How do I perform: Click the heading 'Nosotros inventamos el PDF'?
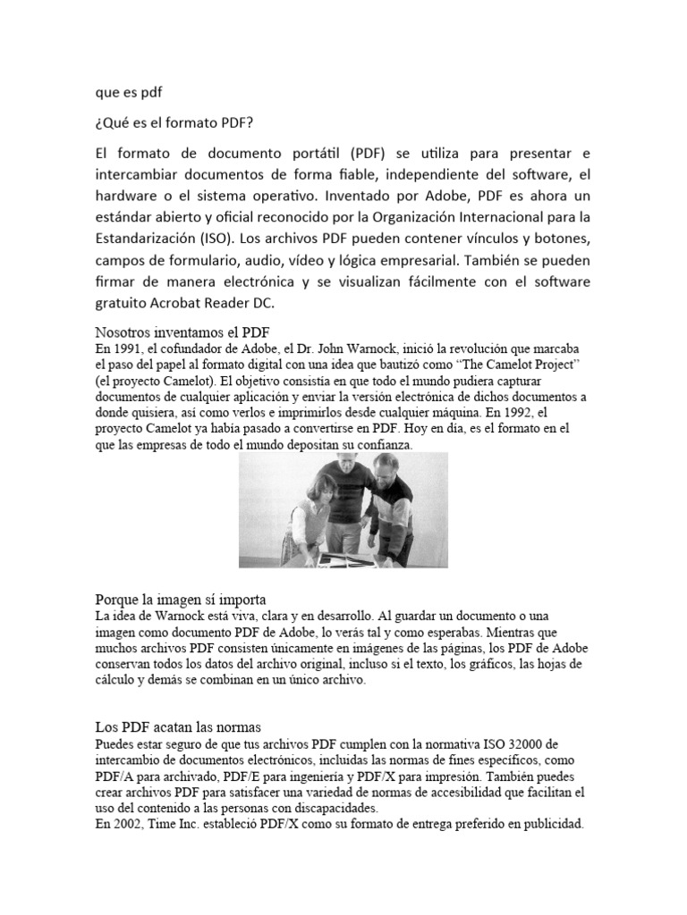click(x=176, y=332)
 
